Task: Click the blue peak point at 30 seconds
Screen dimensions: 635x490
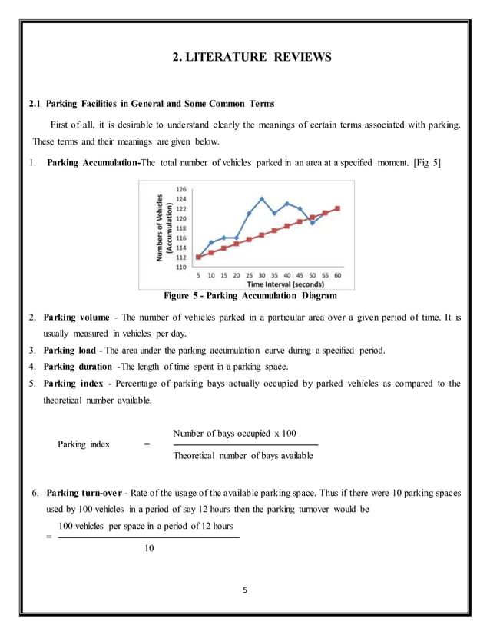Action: tap(262, 198)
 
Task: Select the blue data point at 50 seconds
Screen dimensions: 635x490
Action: tap(312, 223)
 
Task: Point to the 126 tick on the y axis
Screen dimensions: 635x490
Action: tap(182, 188)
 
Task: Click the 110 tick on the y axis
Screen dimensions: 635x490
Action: tap(182, 268)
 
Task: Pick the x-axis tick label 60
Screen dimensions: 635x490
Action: tap(337, 276)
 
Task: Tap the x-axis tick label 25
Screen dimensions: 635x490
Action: tap(249, 276)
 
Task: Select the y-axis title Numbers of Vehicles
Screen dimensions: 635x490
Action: tap(160, 227)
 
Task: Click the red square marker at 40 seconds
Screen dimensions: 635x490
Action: tap(287, 226)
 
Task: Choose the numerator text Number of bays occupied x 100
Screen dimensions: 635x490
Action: tap(235, 433)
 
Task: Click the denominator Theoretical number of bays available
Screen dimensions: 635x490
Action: tap(243, 457)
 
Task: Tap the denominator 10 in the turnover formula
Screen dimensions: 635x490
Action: tap(149, 548)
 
